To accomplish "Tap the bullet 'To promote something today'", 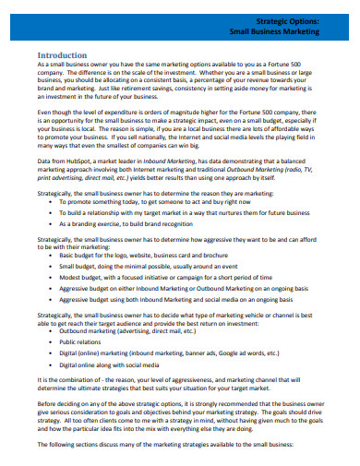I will pyautogui.click(x=142, y=200).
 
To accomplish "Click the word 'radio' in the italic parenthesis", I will pyautogui.click(x=297, y=168).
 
